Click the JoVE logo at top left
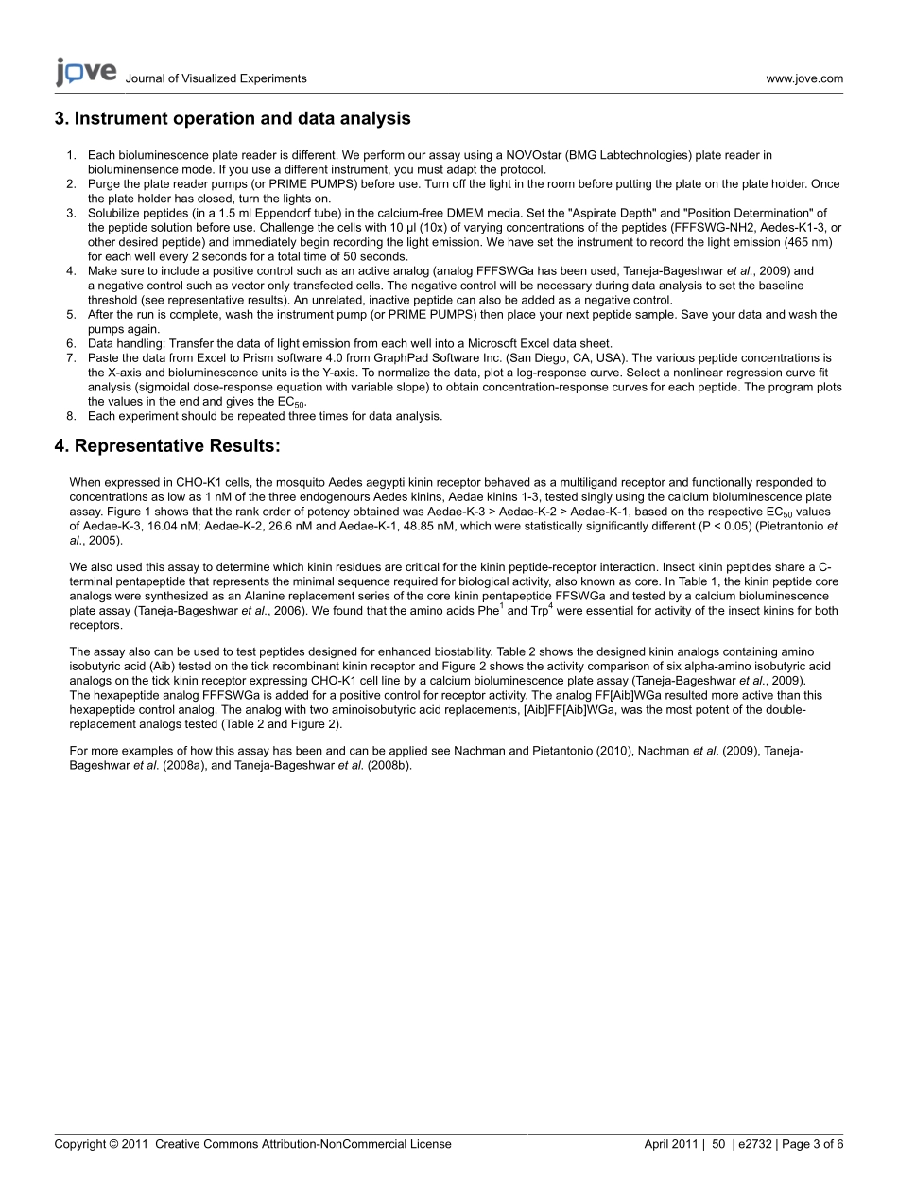[x=85, y=72]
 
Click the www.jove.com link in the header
[x=804, y=79]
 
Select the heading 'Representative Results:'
[x=167, y=445]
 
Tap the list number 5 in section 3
[x=70, y=315]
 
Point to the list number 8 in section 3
[x=70, y=416]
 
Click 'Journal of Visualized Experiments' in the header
[x=216, y=79]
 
